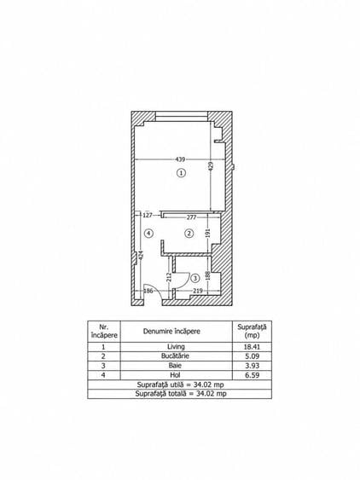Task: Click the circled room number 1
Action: point(182,173)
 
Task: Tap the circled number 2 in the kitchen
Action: point(189,234)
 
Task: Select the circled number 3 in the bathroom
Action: point(195,278)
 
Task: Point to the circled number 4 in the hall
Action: point(148,234)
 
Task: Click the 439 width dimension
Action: point(180,159)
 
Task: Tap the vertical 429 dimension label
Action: point(211,167)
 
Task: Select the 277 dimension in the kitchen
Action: point(191,217)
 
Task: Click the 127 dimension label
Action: point(148,215)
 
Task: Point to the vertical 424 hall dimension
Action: point(141,255)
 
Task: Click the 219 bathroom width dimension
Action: point(198,291)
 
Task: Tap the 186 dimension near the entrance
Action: point(148,291)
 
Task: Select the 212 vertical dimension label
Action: point(169,278)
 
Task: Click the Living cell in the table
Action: point(177,346)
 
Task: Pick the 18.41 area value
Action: point(253,347)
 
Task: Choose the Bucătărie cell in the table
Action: point(175,356)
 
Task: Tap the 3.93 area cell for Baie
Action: point(253,366)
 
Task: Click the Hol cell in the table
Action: point(175,374)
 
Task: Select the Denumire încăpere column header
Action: point(171,331)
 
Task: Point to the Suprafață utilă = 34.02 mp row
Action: point(180,385)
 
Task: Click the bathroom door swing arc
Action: point(186,281)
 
